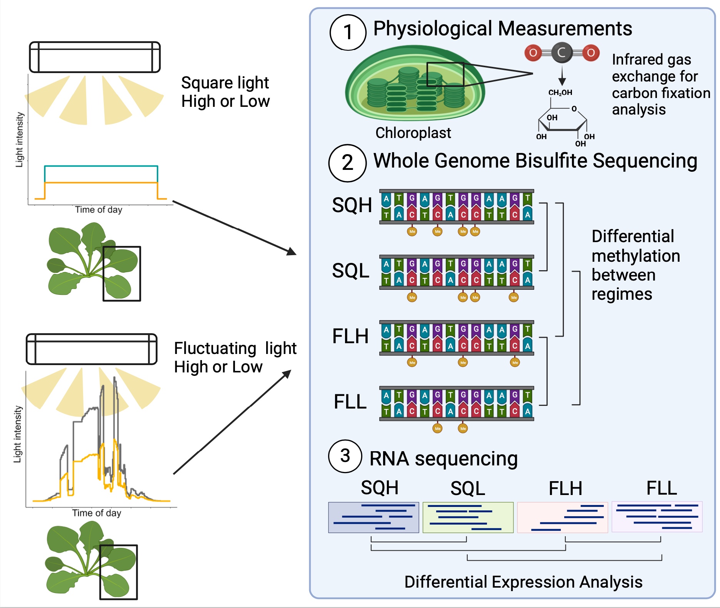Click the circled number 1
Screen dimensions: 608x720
point(348,32)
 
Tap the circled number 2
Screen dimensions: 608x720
point(347,163)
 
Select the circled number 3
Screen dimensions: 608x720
point(345,456)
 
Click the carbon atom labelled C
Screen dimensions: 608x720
point(562,53)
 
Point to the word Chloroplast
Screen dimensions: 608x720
point(413,133)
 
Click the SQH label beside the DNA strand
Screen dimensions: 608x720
point(352,205)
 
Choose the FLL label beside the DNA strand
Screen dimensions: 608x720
point(350,402)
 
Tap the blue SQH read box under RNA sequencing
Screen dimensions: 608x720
point(373,517)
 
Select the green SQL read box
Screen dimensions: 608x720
point(468,517)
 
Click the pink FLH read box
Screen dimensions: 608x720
point(562,517)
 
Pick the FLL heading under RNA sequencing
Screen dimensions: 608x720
point(662,488)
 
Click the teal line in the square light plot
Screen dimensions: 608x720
point(101,166)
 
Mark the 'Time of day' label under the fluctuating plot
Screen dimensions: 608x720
point(97,513)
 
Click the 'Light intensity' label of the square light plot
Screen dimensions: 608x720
point(19,140)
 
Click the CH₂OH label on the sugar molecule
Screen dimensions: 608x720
point(560,93)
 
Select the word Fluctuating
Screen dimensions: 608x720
point(215,349)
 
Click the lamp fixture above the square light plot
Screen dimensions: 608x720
point(95,57)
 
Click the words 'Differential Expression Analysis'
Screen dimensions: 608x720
point(523,582)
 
